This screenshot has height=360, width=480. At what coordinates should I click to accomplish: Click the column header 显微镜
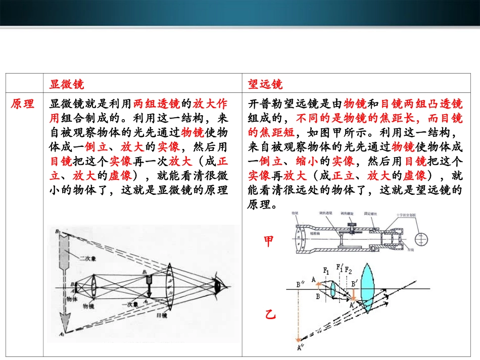67,84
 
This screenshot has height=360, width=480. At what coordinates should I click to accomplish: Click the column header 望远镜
265,84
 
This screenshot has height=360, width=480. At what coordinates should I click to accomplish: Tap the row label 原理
23,104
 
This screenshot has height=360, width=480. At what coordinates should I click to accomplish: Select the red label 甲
269,242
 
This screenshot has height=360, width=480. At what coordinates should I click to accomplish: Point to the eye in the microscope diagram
219,286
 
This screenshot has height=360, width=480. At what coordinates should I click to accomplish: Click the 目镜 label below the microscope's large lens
162,315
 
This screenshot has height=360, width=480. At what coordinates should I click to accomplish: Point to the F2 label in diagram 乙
349,269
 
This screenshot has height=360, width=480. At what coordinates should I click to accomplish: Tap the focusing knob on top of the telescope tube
348,226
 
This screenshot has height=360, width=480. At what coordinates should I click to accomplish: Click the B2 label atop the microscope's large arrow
59,232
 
